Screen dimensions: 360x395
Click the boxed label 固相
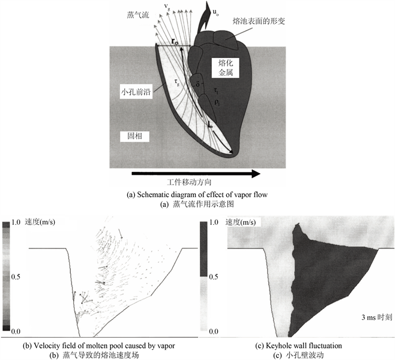[x=135, y=136]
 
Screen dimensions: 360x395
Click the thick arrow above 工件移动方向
[x=196, y=174]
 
